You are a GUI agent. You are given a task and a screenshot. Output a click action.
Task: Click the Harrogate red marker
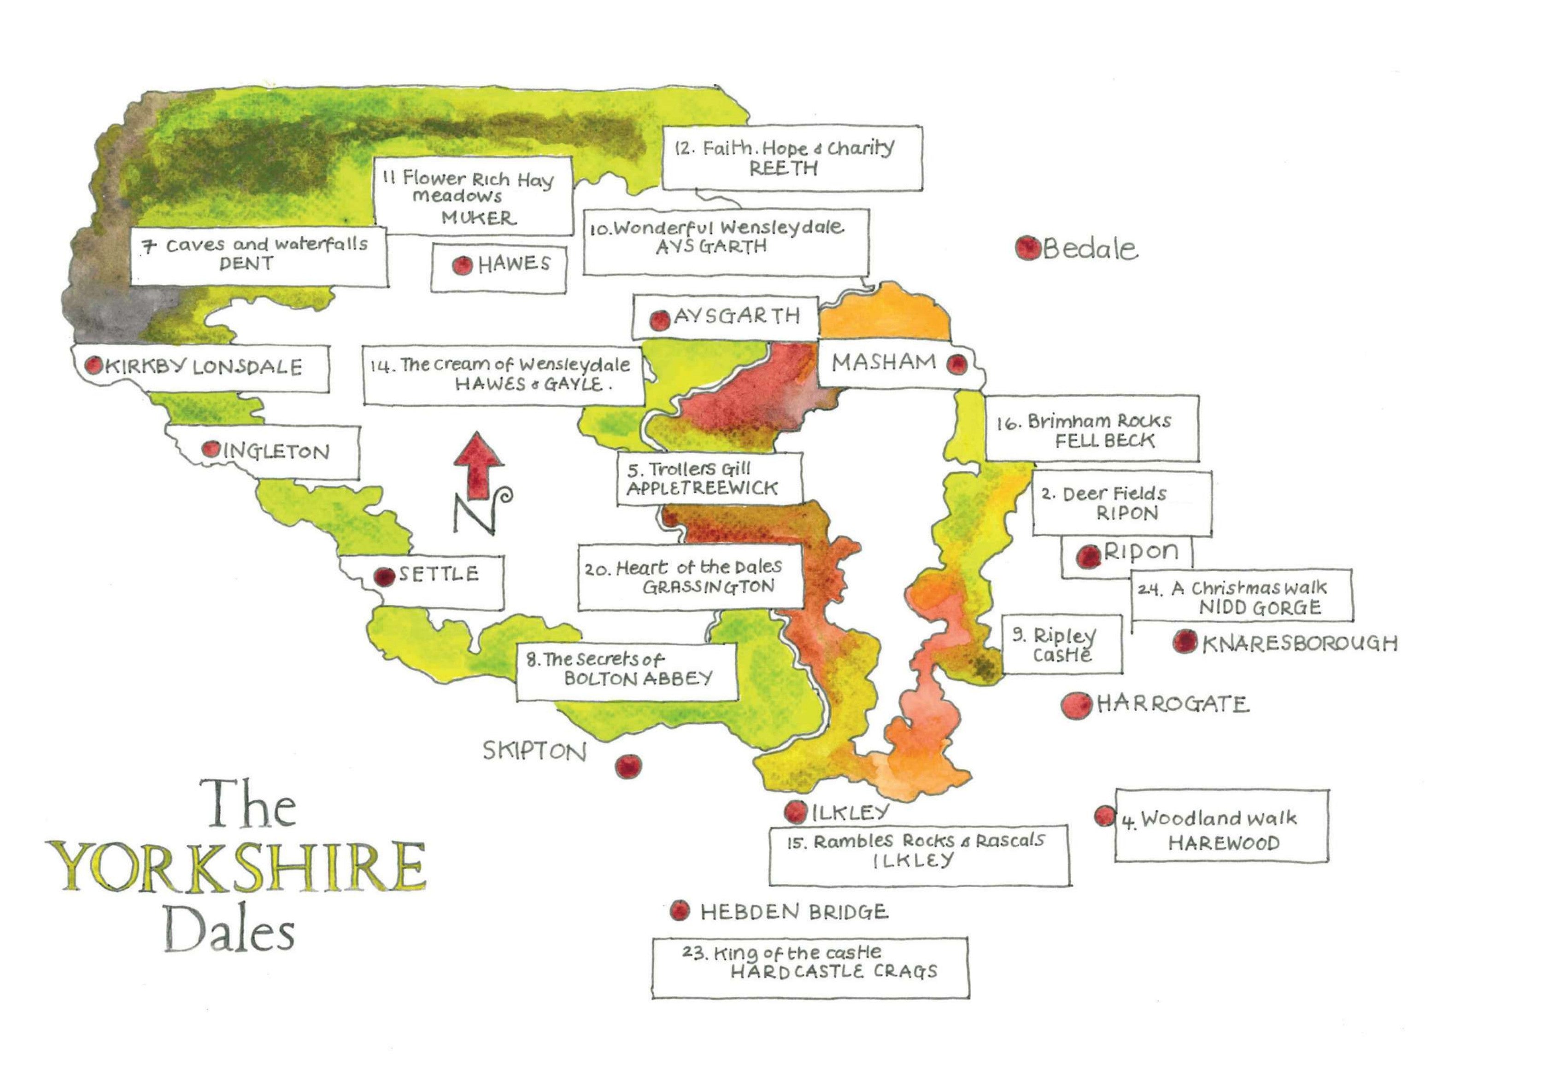[1076, 705]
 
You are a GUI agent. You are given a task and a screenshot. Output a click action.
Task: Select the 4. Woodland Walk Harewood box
[1221, 826]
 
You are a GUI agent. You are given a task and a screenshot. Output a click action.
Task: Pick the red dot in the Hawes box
[462, 266]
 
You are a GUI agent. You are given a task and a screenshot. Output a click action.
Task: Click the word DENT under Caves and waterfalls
[246, 264]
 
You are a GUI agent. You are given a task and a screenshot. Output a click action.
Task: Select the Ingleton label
[276, 451]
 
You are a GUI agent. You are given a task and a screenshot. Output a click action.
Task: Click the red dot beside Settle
[384, 576]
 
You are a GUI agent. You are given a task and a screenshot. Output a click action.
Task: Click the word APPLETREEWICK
[702, 489]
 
